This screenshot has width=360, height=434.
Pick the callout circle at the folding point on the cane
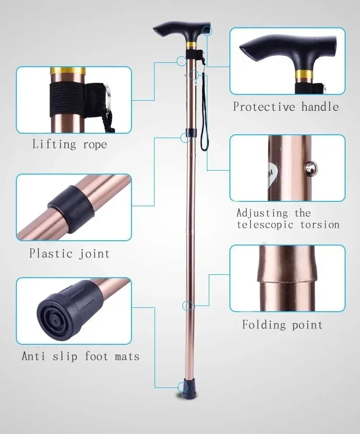coord(188,305)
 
